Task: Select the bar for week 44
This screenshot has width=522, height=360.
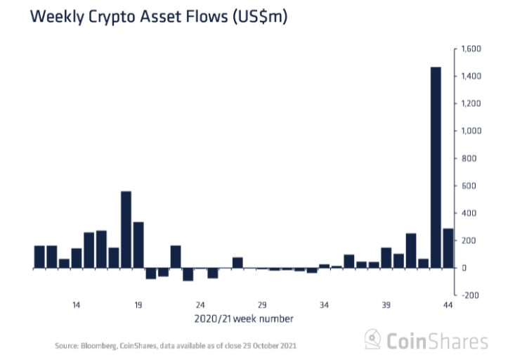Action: (x=448, y=248)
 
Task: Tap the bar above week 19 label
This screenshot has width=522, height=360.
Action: (x=138, y=245)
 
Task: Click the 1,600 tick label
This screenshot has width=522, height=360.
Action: (x=470, y=49)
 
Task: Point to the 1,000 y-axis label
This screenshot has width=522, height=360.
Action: (x=470, y=131)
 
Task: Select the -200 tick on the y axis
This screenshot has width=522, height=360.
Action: (x=469, y=295)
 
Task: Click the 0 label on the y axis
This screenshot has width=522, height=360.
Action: (x=464, y=268)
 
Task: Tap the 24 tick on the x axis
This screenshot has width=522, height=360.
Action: (x=200, y=305)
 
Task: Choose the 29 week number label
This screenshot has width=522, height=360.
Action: (x=262, y=305)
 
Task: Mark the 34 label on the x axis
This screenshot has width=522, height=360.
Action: (x=324, y=305)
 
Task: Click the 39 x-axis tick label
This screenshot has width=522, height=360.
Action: (x=386, y=305)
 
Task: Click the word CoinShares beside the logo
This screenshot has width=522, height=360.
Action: (x=437, y=342)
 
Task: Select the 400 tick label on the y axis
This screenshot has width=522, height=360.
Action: (x=469, y=213)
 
